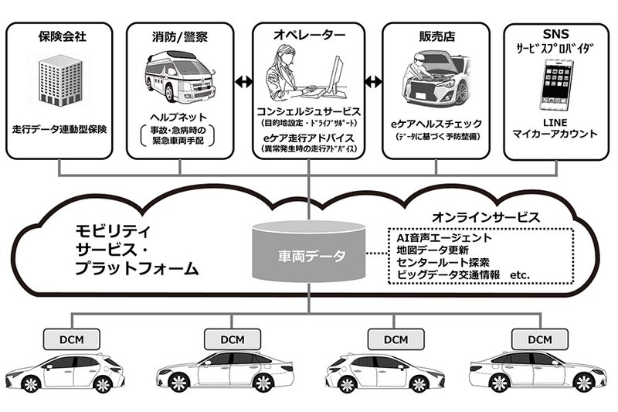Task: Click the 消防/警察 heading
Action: (180, 35)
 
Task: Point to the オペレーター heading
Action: (308, 35)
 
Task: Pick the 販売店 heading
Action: (437, 35)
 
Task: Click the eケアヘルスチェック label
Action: (437, 123)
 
